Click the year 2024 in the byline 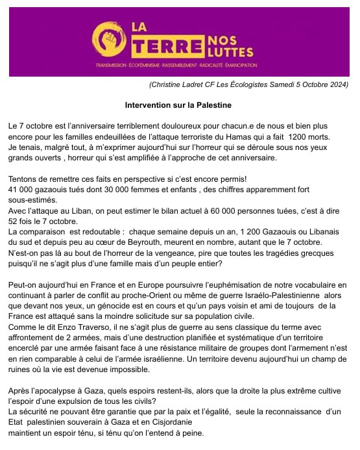(337, 84)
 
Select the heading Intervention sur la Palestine (178, 104)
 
